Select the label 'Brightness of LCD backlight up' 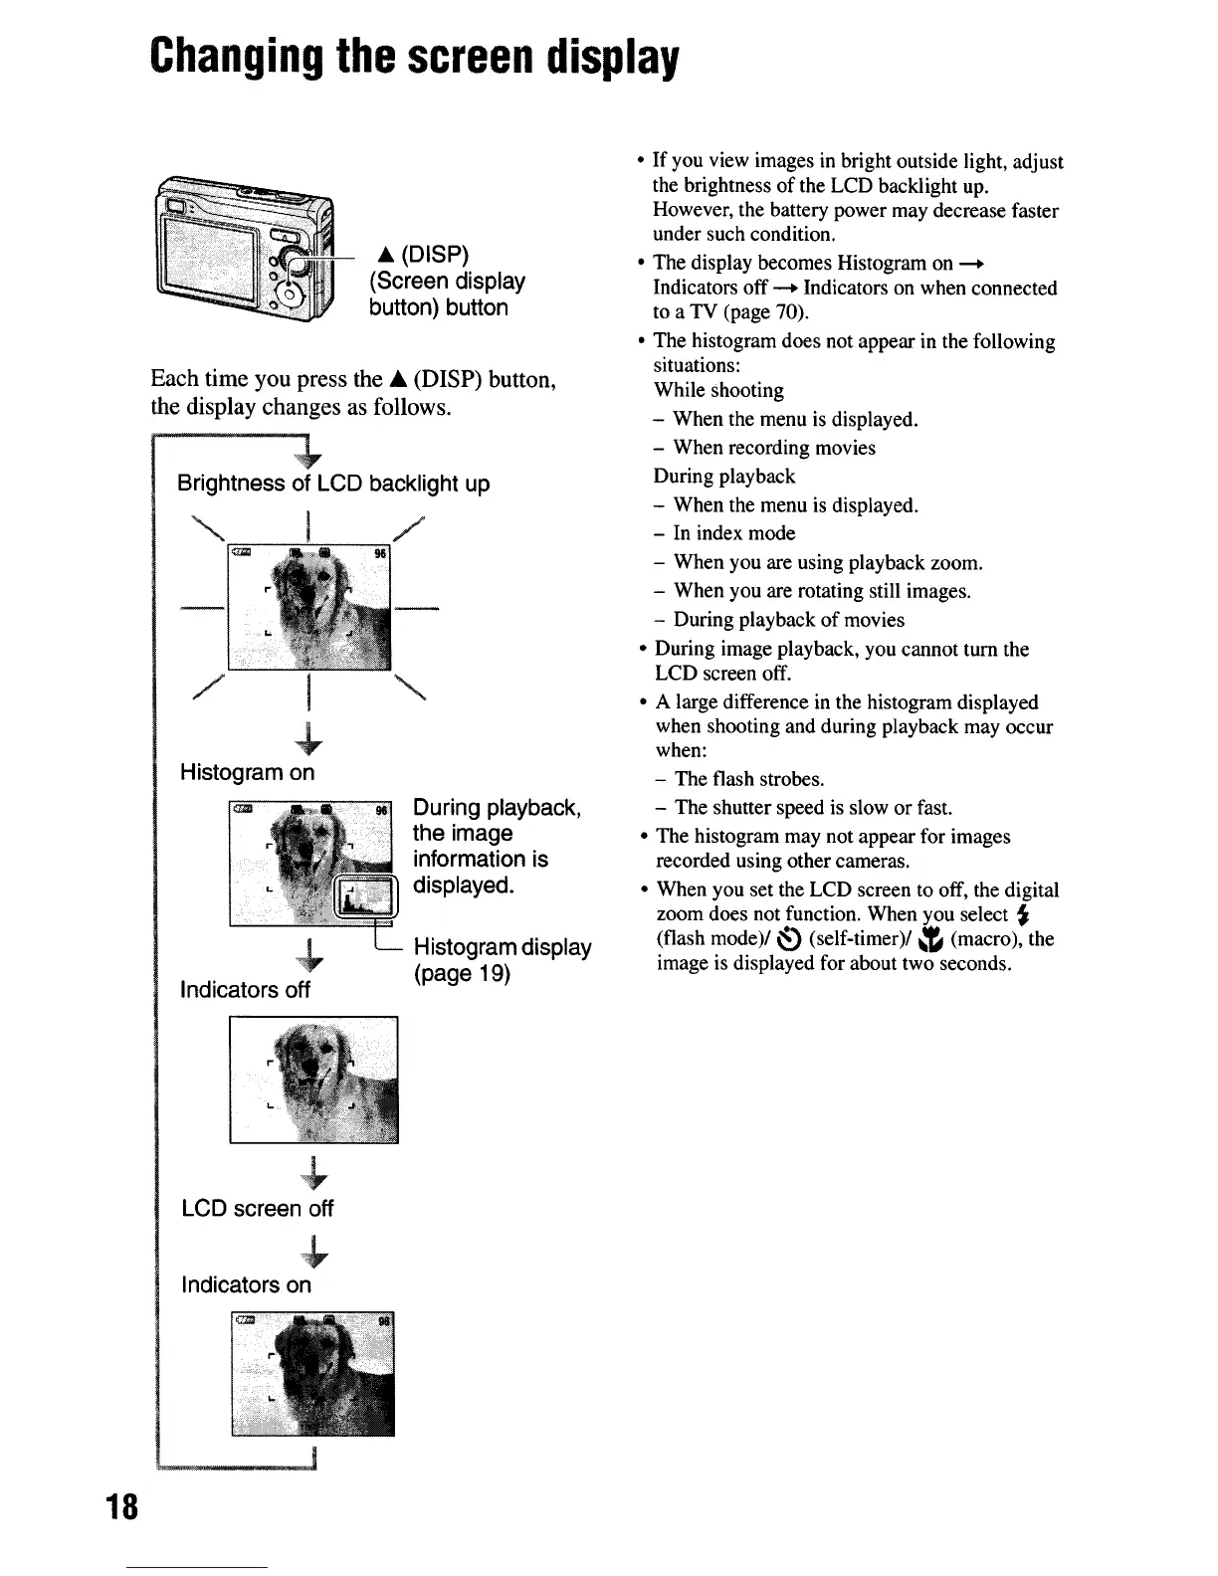[333, 485]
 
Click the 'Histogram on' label [247, 772]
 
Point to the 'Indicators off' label [245, 990]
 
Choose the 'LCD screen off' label [257, 1209]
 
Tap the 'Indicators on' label [246, 1285]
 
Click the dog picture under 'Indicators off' [313, 1081]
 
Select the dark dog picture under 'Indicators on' [313, 1374]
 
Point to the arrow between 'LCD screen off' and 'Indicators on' [314, 1248]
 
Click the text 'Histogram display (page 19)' [502, 960]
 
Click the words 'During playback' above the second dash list [724, 477]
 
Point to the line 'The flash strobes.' [749, 779]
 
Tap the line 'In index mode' [734, 533]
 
